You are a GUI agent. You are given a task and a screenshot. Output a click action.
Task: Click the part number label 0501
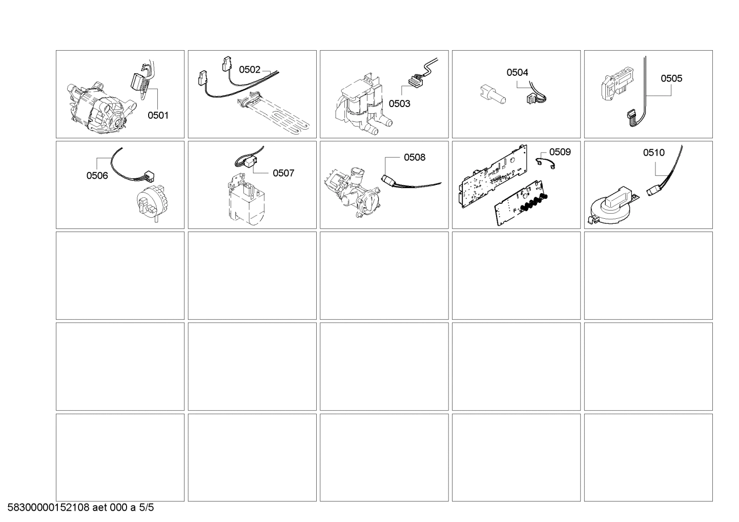(158, 115)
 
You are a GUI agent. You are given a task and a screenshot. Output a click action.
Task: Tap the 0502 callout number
(250, 70)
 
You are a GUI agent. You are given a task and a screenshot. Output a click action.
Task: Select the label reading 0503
(399, 103)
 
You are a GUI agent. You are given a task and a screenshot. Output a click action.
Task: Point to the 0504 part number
(517, 72)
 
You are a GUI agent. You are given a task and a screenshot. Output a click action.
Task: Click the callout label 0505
(671, 78)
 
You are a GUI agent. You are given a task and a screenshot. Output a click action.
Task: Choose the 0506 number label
(97, 176)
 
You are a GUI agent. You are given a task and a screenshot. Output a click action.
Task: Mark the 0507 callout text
(283, 173)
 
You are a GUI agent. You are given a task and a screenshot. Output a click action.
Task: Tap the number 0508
(414, 157)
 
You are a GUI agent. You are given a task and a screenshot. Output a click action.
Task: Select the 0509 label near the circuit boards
(560, 152)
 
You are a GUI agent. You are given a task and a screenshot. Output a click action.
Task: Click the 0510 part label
(653, 152)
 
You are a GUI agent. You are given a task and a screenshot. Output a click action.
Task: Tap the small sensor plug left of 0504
(492, 94)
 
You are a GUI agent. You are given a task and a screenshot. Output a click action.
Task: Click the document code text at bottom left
(80, 508)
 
